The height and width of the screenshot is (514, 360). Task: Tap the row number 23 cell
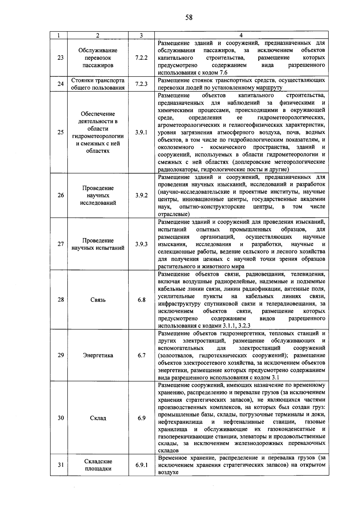coord(61,58)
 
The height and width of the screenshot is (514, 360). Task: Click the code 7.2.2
coord(141,58)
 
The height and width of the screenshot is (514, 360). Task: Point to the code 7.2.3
coord(141,84)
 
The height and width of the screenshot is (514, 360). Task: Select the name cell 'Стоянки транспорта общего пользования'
coord(98,84)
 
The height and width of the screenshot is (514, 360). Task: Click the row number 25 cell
coord(61,132)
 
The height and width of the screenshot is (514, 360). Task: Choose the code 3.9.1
coord(141,132)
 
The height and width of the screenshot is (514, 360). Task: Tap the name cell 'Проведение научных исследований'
coord(98,195)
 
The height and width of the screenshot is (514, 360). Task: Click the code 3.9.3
coord(141,244)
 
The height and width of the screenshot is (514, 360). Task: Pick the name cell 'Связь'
coord(98,300)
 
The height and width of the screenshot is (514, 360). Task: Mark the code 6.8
coord(141,300)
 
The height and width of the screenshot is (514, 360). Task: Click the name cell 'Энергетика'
coord(98,355)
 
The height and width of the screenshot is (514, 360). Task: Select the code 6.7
coord(141,355)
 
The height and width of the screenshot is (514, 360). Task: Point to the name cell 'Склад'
coord(98,418)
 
